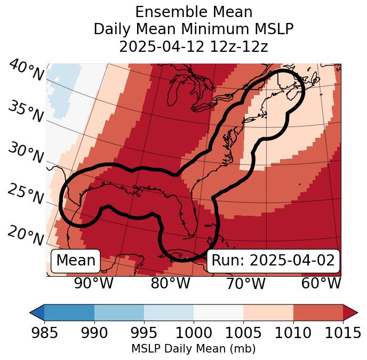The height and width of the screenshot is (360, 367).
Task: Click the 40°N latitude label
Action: click(x=26, y=71)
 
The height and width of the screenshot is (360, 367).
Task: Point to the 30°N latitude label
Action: click(x=25, y=153)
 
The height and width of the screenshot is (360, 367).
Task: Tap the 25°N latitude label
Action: click(x=25, y=194)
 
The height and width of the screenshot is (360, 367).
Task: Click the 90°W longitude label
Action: click(x=94, y=283)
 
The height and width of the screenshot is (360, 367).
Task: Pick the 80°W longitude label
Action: click(x=170, y=283)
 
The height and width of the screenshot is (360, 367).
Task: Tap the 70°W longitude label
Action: click(x=246, y=283)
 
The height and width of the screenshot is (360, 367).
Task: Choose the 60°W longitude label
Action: click(x=321, y=283)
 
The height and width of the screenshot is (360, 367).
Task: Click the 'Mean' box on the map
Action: click(x=76, y=261)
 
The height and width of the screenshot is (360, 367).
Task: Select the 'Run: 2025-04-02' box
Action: click(x=273, y=261)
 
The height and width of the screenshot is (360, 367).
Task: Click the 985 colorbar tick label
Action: click(x=44, y=333)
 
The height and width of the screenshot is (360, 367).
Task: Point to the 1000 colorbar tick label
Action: click(x=194, y=333)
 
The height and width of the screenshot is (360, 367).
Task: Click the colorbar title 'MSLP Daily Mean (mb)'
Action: click(x=193, y=349)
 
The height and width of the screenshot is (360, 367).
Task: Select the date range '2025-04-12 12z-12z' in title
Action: click(x=194, y=46)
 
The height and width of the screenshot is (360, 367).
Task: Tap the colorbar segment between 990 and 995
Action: click(x=119, y=312)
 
